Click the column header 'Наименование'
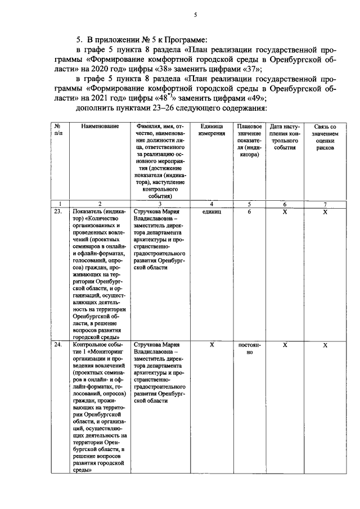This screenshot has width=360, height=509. pyautogui.click(x=100, y=127)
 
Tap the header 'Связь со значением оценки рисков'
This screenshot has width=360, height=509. pyautogui.click(x=325, y=137)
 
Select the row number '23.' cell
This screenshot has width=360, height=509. pyautogui.click(x=58, y=212)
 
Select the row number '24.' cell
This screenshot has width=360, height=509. pyautogui.click(x=58, y=345)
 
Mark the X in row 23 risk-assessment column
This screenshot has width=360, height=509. pyautogui.click(x=325, y=212)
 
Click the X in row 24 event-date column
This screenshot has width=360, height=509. pyautogui.click(x=285, y=345)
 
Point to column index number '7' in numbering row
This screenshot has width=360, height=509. pyautogui.click(x=325, y=204)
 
